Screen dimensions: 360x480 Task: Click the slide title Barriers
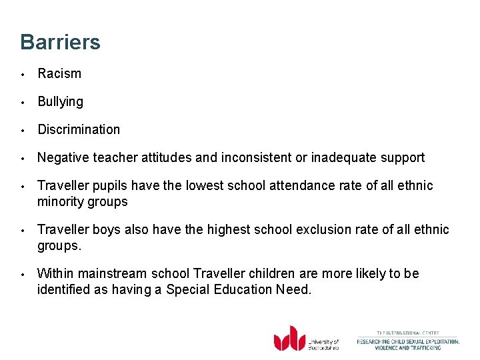60,42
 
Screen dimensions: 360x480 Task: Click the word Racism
59,74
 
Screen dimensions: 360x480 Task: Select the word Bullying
61,102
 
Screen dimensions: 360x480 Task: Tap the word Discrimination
79,130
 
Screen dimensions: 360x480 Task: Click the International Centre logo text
407,341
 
